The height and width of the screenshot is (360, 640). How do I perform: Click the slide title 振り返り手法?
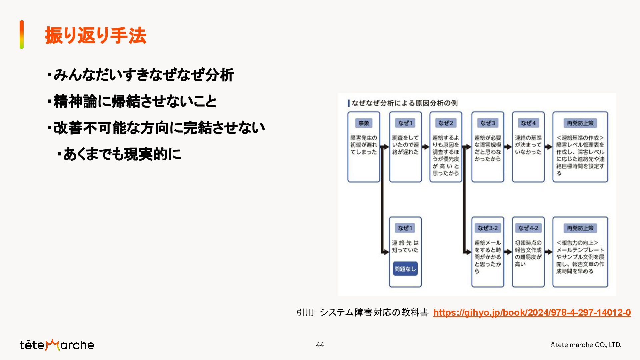(96, 35)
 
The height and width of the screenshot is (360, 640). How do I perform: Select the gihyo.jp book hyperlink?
(532, 313)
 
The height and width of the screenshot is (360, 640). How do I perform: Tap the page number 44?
(320, 345)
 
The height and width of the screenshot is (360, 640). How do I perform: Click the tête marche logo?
(57, 345)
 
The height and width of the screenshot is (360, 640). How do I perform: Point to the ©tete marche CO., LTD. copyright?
(585, 345)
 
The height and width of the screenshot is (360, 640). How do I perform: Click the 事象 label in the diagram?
(364, 123)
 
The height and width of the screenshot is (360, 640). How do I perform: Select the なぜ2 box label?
(446, 123)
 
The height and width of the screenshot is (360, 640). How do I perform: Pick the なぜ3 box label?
(488, 123)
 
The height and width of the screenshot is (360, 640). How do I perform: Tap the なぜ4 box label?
(528, 123)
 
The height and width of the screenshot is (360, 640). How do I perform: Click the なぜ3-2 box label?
(488, 228)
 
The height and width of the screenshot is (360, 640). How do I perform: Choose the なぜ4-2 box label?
(528, 228)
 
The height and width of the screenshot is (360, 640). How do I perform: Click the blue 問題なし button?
(405, 269)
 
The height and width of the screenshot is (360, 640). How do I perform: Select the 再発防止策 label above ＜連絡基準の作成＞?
(580, 123)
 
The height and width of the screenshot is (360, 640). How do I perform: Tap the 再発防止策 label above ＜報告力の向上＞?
(580, 228)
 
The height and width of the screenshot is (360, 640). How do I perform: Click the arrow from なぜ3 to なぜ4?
(508, 147)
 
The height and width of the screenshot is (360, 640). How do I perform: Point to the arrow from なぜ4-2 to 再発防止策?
(549, 252)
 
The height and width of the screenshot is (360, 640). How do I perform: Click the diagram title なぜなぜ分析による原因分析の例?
(404, 103)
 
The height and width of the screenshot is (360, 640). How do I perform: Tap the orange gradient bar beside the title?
(22, 35)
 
